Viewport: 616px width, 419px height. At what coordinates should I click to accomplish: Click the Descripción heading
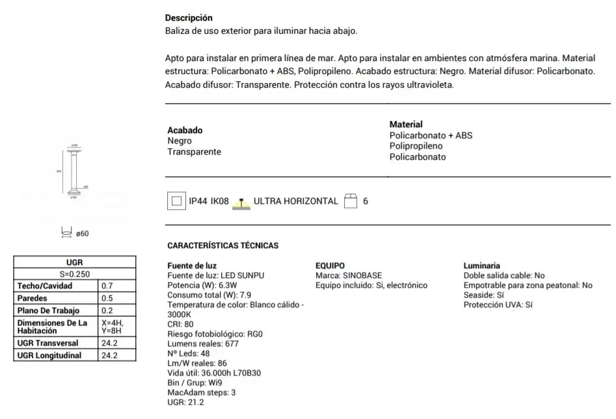(x=189, y=18)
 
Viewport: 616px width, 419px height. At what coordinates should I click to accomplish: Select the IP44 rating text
(x=198, y=201)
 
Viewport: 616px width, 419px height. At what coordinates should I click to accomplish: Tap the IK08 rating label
(x=219, y=201)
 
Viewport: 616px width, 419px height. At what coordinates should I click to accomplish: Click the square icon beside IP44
(x=175, y=201)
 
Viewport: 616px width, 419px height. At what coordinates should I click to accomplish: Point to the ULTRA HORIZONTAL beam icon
(x=241, y=202)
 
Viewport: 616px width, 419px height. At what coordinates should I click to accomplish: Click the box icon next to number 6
(x=351, y=201)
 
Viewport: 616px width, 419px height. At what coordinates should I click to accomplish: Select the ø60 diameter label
(x=82, y=234)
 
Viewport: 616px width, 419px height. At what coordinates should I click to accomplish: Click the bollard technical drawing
(x=75, y=170)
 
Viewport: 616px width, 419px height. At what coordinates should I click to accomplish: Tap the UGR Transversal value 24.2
(x=109, y=343)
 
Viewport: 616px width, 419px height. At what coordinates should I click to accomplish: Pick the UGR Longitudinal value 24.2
(x=109, y=355)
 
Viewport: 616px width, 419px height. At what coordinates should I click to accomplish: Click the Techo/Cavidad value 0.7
(x=107, y=286)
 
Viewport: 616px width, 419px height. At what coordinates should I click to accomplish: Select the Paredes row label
(x=33, y=298)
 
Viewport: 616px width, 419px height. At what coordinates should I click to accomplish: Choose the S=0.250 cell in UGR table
(x=74, y=273)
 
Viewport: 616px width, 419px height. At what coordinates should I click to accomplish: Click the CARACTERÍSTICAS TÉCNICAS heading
(x=222, y=246)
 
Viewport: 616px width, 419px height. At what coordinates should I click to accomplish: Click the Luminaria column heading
(x=481, y=266)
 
